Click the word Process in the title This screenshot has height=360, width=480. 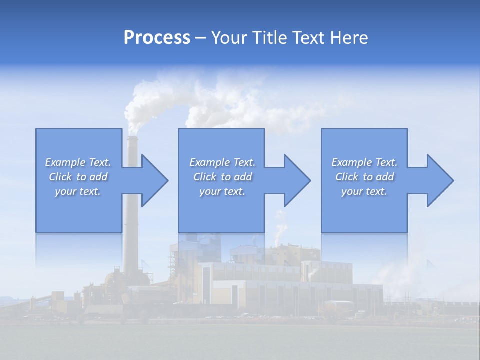[157, 38]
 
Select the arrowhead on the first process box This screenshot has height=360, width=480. [154, 180]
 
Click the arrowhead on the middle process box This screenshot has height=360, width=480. [297, 180]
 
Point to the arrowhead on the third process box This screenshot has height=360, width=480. [440, 180]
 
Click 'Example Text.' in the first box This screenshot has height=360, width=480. [78, 162]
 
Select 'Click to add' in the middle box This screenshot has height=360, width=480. [222, 177]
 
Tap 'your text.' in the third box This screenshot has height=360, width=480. [364, 191]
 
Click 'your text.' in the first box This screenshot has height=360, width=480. [78, 191]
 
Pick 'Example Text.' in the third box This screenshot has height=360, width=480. [364, 162]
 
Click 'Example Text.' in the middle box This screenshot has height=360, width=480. [222, 162]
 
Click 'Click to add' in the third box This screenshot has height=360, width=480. [364, 177]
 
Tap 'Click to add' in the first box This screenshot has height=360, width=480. [78, 177]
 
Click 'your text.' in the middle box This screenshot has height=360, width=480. [222, 191]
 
